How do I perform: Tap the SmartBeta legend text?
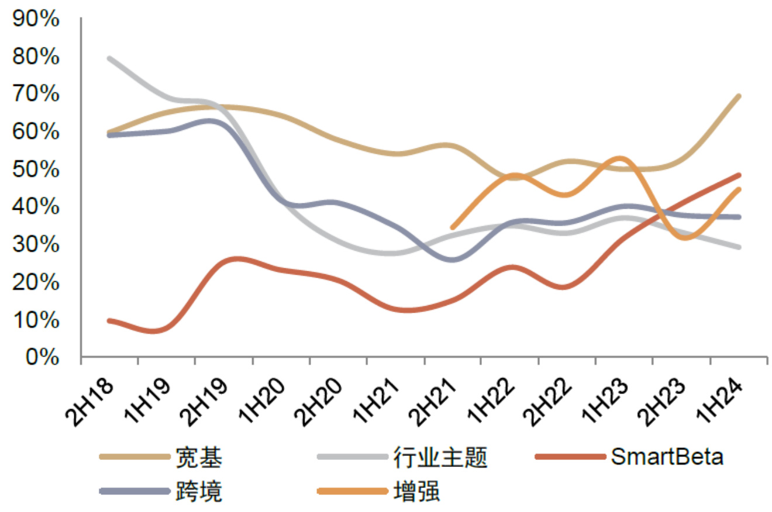(x=667, y=456)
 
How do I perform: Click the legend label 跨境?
(x=199, y=492)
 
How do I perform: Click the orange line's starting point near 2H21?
(x=453, y=227)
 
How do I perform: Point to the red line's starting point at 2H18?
(x=109, y=320)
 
